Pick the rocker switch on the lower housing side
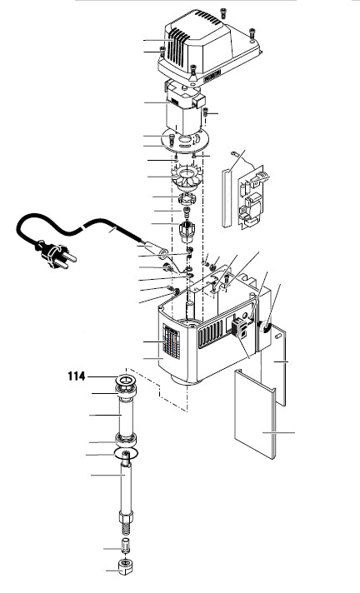tap(240, 326)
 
